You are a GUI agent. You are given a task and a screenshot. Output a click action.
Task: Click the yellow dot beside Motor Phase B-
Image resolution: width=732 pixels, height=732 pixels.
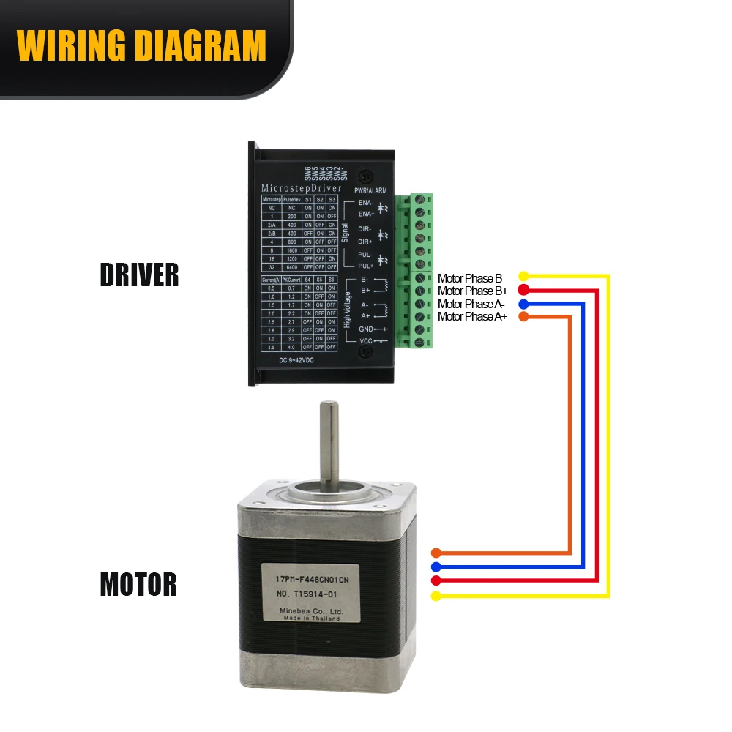[523, 277]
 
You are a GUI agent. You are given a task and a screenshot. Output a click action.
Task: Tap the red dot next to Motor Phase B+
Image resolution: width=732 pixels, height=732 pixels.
[523, 290]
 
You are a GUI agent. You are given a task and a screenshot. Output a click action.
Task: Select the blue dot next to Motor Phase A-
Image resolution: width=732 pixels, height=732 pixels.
[523, 303]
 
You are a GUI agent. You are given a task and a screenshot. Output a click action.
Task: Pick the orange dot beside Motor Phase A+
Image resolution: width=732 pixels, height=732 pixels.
[523, 316]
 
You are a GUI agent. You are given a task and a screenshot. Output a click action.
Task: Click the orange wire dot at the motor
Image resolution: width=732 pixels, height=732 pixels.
[436, 553]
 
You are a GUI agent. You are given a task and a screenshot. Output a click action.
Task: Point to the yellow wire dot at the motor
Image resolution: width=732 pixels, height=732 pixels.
[436, 596]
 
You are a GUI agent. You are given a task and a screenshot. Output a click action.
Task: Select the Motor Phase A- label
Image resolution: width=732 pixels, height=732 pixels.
[471, 304]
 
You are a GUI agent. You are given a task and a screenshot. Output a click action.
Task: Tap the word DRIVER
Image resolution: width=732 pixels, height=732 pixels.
[139, 275]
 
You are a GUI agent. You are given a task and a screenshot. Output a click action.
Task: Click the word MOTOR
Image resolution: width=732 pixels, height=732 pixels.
[138, 585]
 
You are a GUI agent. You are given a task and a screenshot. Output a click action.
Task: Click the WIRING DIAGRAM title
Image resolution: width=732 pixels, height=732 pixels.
[141, 45]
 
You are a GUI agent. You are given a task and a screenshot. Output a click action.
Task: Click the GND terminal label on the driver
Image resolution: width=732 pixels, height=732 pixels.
[365, 329]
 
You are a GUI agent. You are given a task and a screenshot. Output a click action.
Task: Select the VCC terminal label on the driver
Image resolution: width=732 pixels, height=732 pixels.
[365, 342]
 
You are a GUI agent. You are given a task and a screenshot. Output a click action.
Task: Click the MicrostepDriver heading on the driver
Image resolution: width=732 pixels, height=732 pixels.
[301, 189]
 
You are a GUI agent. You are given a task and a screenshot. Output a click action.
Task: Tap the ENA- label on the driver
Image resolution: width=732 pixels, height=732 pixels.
[365, 202]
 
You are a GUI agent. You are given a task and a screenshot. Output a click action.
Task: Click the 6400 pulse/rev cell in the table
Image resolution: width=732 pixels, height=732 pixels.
[292, 267]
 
